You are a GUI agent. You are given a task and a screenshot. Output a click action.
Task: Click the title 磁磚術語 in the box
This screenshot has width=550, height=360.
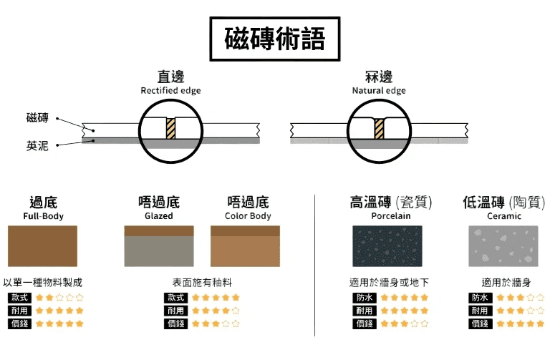pyautogui.click(x=274, y=39)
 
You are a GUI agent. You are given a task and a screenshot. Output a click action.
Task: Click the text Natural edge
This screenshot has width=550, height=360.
pyautogui.click(x=378, y=91)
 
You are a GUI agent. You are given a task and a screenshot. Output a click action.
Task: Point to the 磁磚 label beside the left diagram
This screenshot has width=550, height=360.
pyautogui.click(x=37, y=118)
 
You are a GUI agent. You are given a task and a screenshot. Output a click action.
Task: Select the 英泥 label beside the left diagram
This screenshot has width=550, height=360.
pyautogui.click(x=37, y=145)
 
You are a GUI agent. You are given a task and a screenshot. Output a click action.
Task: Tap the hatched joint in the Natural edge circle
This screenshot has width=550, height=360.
pyautogui.click(x=379, y=129)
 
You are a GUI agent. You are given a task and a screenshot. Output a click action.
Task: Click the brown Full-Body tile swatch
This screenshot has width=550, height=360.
pyautogui.click(x=42, y=246)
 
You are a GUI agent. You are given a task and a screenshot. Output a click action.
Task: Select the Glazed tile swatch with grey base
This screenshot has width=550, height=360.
pyautogui.click(x=158, y=246)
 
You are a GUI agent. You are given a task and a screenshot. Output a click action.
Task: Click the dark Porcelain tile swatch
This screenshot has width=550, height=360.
pyautogui.click(x=387, y=246)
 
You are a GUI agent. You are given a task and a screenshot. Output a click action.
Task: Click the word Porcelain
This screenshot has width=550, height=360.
pyautogui.click(x=391, y=215)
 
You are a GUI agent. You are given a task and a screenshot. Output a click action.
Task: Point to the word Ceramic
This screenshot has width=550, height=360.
pyautogui.click(x=504, y=215)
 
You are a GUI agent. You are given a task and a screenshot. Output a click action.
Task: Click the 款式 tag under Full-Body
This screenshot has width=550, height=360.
pyautogui.click(x=19, y=297)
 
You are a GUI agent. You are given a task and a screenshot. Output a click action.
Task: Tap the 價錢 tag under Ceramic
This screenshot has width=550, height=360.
pyautogui.click(x=480, y=323)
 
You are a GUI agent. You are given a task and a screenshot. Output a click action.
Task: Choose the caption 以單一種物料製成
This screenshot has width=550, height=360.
pyautogui.click(x=42, y=283)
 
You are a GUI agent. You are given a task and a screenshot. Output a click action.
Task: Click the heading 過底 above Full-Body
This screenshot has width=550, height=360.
pyautogui.click(x=42, y=202)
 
